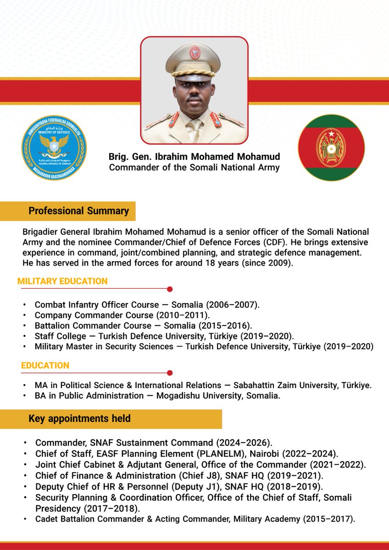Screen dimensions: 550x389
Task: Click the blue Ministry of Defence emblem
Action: tap(54, 147)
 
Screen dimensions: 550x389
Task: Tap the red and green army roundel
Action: tap(331, 148)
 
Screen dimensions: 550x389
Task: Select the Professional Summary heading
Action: tap(78, 211)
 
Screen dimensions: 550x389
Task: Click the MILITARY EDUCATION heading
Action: tap(62, 281)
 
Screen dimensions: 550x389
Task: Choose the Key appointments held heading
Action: tap(79, 418)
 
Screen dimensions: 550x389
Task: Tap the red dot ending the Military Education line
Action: tap(170, 289)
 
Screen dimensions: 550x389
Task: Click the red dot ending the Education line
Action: tap(170, 373)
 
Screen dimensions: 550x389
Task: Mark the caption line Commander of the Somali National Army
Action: tap(194, 167)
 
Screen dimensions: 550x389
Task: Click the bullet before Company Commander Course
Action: tap(24, 315)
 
